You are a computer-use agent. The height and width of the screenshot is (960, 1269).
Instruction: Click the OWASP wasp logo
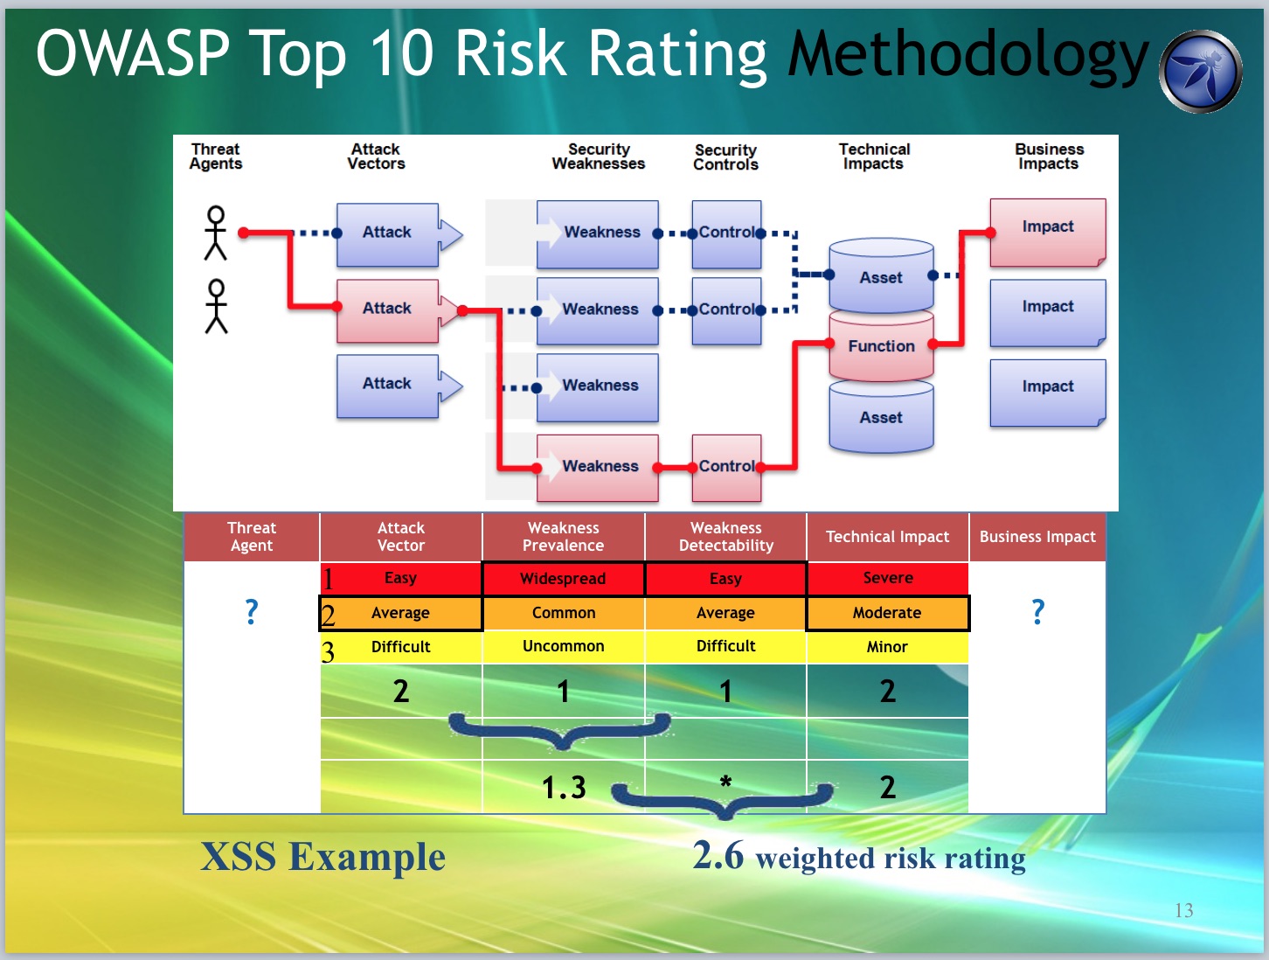click(x=1200, y=71)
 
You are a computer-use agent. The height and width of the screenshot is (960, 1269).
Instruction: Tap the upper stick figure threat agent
click(x=216, y=233)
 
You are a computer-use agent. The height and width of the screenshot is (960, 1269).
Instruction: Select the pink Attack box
click(x=387, y=310)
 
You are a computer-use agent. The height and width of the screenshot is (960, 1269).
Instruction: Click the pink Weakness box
click(x=597, y=467)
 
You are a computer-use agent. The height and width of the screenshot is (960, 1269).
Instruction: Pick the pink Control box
click(x=727, y=467)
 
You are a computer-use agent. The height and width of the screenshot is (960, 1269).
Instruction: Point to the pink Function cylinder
click(x=881, y=345)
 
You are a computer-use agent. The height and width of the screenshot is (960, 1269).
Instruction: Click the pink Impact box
click(x=1048, y=233)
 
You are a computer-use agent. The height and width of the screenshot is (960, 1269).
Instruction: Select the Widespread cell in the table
click(x=563, y=578)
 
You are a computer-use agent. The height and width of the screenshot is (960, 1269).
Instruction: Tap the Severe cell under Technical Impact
click(x=887, y=578)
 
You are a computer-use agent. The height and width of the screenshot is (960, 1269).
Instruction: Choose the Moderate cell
click(x=887, y=613)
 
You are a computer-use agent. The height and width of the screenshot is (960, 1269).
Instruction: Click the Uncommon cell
click(x=563, y=646)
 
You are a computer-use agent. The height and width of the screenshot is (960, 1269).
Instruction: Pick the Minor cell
click(x=887, y=646)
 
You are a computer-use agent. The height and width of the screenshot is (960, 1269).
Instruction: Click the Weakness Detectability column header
click(x=726, y=537)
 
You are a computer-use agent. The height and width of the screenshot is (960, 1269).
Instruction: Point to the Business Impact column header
click(x=1037, y=537)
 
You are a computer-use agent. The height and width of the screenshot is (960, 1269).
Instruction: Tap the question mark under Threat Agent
click(x=252, y=611)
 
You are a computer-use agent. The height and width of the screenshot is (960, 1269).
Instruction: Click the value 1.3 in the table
click(x=564, y=788)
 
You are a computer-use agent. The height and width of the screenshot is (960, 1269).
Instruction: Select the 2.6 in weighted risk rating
click(x=718, y=855)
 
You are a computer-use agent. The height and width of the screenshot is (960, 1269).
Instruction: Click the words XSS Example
click(x=322, y=856)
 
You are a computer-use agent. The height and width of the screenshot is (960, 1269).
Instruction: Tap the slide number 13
click(x=1183, y=910)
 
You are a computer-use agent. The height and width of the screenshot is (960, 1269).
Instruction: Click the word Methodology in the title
click(x=968, y=55)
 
